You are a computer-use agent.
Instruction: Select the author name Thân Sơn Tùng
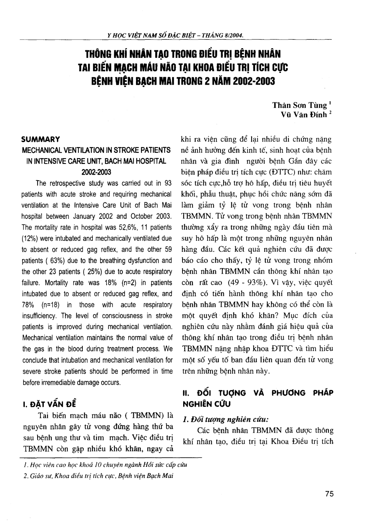click(300, 105)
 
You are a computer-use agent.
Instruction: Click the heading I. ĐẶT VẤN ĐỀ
click(49, 404)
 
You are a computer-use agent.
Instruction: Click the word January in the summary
click(98, 216)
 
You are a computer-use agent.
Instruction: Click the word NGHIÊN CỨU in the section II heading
click(206, 404)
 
